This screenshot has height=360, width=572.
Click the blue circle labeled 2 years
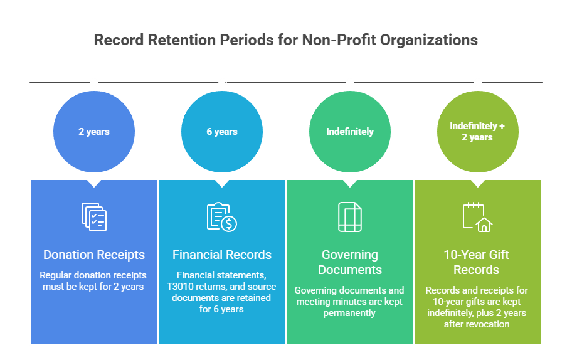click(94, 132)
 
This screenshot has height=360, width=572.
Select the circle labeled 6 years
click(222, 132)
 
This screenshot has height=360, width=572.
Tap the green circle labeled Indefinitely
click(350, 132)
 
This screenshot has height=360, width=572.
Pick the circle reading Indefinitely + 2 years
click(477, 132)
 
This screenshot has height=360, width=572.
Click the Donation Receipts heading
click(94, 255)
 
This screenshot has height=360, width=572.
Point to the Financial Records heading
click(222, 255)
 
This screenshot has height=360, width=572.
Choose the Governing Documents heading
click(350, 262)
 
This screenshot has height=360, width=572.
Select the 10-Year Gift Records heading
click(477, 262)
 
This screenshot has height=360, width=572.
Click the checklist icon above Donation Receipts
click(94, 217)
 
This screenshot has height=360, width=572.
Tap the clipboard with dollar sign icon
click(222, 217)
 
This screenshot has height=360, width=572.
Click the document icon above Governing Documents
click(350, 217)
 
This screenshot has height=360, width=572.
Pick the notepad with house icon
click(477, 217)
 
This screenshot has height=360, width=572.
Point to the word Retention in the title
click(182, 40)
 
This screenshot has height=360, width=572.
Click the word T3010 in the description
click(181, 287)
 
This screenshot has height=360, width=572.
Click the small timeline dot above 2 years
click(94, 83)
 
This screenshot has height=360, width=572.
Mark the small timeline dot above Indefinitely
click(350, 83)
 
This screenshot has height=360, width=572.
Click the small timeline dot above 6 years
click(222, 83)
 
